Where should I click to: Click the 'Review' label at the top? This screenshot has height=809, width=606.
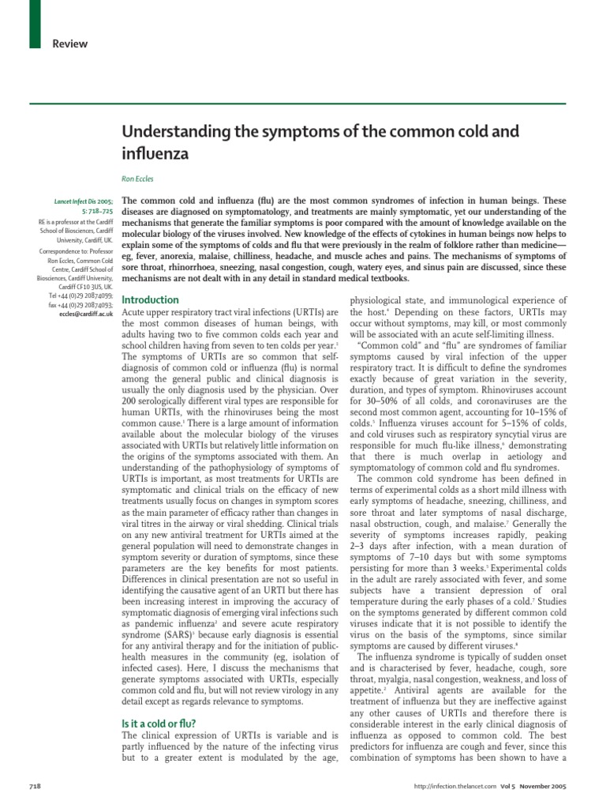[70, 43]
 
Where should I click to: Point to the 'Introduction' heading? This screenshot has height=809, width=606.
[151, 300]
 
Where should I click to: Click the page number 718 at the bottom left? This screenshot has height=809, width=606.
[36, 787]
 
